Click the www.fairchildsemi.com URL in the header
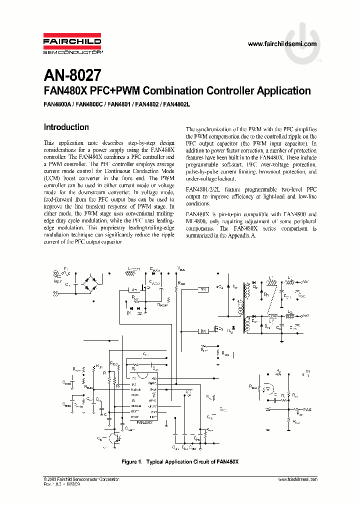pos(282,44)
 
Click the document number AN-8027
pos(72,75)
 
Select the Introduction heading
pos(66,127)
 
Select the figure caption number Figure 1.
pos(133,461)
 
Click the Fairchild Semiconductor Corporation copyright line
pos(81,479)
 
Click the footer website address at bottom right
pos(297,479)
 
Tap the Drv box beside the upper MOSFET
pos(133,290)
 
